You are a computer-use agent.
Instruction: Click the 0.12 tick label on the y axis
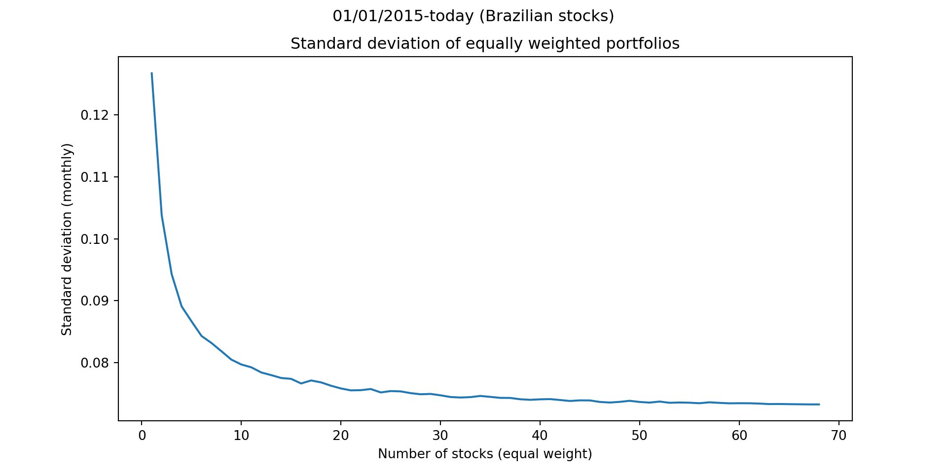93,115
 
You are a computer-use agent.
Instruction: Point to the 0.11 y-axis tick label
93,177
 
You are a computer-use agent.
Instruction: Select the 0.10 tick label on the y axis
93,239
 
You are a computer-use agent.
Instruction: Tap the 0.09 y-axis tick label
93,301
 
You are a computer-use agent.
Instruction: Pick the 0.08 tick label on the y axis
93,363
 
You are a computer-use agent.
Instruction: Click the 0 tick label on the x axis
142,436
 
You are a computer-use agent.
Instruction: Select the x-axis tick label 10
241,436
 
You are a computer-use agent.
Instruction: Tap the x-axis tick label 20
341,436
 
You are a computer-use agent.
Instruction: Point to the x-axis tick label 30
440,436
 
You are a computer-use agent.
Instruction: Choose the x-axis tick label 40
540,436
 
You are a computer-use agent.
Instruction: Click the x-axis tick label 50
640,436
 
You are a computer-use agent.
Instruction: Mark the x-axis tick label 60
739,436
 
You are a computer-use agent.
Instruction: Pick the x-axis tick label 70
839,436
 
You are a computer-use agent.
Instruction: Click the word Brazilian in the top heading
520,16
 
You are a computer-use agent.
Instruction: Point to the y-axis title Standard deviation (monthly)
67,239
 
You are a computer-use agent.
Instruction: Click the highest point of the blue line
151,73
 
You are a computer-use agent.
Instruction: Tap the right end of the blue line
819,404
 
